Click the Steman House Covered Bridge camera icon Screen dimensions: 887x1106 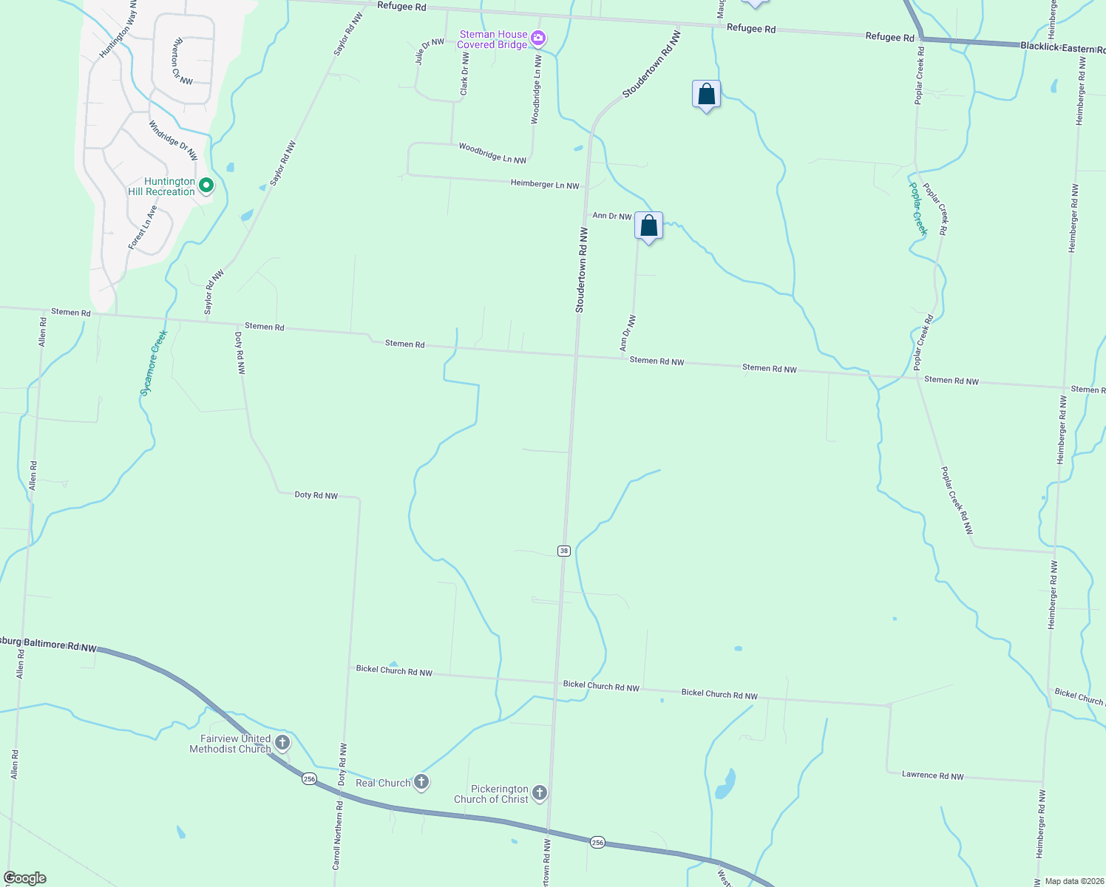[539, 38]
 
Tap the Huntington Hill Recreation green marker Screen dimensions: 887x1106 [207, 186]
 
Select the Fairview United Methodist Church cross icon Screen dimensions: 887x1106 [282, 743]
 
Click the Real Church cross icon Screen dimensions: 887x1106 [421, 782]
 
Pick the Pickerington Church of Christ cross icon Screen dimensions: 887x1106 [540, 794]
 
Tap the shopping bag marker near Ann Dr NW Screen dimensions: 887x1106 [648, 226]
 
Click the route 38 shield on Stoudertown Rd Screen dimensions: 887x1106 [564, 551]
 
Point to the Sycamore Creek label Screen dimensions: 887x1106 [155, 362]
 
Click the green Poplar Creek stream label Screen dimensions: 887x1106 [917, 208]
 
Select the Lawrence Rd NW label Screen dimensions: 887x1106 [932, 775]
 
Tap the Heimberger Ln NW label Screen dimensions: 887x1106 [545, 184]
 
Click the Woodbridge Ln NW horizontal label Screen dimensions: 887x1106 [492, 153]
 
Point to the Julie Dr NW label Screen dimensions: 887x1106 [429, 52]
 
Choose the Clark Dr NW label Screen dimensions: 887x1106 [464, 74]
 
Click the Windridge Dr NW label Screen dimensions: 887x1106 [173, 140]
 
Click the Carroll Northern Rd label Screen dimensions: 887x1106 [337, 835]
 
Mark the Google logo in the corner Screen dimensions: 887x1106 [24, 878]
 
